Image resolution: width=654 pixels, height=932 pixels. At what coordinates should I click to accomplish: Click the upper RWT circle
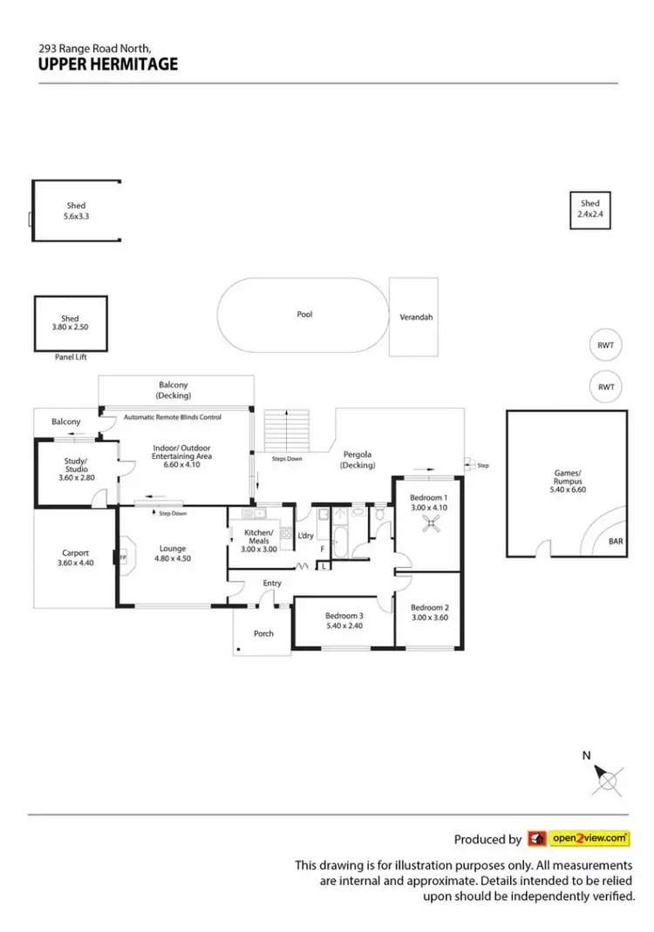tap(606, 345)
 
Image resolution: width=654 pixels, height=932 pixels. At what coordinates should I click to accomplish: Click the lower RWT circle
tap(606, 387)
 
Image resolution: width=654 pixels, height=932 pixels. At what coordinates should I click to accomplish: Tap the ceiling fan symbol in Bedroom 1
tap(428, 523)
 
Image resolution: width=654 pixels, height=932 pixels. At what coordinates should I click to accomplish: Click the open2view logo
tap(578, 839)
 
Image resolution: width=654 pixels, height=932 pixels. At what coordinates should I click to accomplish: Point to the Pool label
tap(304, 314)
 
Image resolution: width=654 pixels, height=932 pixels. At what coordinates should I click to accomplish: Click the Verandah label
tap(415, 317)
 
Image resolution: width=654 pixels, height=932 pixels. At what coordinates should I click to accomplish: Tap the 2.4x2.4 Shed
tap(590, 209)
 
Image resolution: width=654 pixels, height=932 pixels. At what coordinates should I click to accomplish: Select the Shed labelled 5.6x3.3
tap(76, 211)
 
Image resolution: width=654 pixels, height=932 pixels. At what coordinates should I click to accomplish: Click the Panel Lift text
tap(71, 357)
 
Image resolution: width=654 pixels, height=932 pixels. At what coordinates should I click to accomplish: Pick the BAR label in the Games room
tap(616, 541)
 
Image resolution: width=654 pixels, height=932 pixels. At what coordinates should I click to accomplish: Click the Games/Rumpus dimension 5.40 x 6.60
tap(566, 490)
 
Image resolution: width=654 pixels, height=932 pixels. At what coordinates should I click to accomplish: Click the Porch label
tap(263, 633)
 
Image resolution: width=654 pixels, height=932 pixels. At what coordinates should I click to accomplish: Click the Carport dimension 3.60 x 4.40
tap(75, 564)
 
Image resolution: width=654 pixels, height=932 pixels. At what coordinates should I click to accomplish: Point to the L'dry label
tap(305, 535)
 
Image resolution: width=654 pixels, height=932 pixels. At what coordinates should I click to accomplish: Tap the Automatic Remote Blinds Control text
tap(173, 417)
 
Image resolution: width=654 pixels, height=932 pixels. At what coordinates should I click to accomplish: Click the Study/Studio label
tap(76, 457)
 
